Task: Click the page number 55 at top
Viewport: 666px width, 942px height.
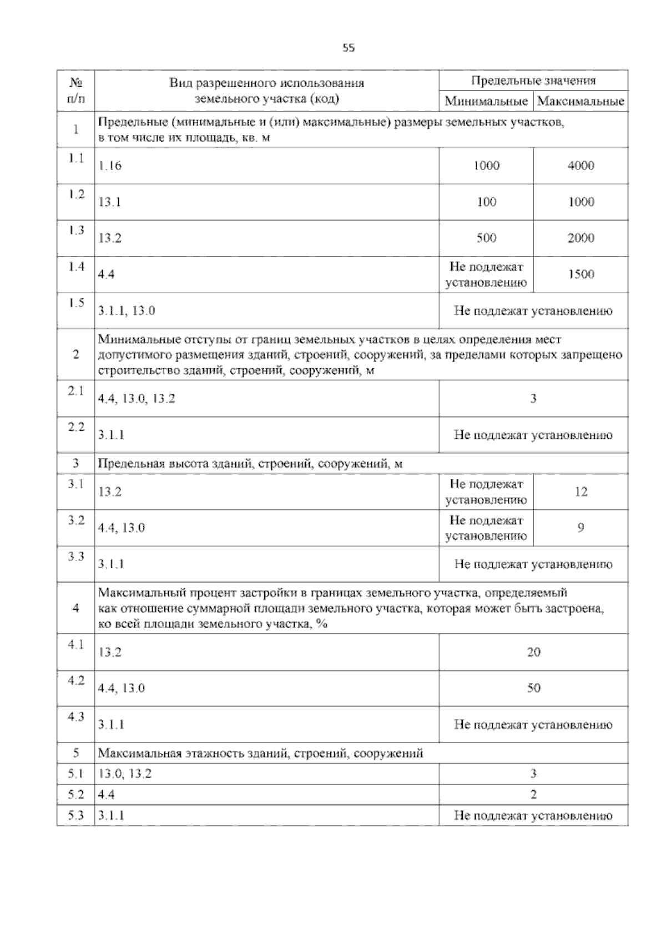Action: pos(349,48)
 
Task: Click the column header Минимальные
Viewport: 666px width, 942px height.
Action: pos(486,102)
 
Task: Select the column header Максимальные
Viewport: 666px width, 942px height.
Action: pos(581,102)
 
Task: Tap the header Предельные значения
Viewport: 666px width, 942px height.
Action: pos(533,81)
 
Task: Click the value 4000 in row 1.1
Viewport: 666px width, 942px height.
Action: pos(581,166)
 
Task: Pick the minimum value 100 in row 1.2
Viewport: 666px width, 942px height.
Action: pos(486,202)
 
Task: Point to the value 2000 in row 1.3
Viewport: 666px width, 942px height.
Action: pos(581,238)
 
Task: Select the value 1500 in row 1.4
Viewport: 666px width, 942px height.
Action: pos(581,274)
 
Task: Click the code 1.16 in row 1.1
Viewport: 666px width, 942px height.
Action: pos(110,166)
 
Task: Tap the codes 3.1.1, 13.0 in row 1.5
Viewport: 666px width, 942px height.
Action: pos(127,310)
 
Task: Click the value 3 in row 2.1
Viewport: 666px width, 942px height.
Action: pos(533,398)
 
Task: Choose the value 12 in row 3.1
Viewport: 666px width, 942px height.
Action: pos(581,492)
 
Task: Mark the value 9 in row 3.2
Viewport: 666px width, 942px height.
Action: pos(581,528)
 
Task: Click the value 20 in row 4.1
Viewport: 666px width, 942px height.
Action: pos(533,652)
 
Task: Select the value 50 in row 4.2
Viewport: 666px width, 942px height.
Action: pos(533,688)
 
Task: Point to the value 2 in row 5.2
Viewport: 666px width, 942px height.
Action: pos(533,795)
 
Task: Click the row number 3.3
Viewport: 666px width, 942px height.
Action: pos(76,557)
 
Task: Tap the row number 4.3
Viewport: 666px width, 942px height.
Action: pos(76,717)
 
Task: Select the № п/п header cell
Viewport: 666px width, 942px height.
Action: pos(76,91)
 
